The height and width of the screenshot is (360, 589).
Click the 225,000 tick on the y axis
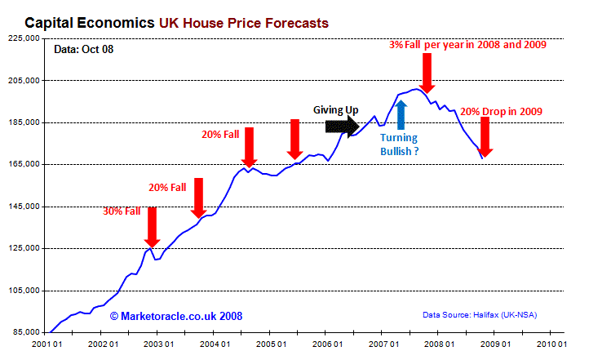point(22,38)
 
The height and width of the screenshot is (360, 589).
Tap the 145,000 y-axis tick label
point(22,207)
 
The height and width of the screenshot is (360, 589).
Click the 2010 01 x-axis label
point(549,344)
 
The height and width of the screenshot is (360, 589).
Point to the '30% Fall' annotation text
point(122,211)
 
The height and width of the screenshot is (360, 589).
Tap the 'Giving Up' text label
point(336,109)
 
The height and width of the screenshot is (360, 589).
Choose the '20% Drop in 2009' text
point(501,110)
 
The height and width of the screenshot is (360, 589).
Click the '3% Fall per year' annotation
point(467,43)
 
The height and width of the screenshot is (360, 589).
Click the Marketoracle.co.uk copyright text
point(175,315)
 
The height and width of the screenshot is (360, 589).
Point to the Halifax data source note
point(479,314)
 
